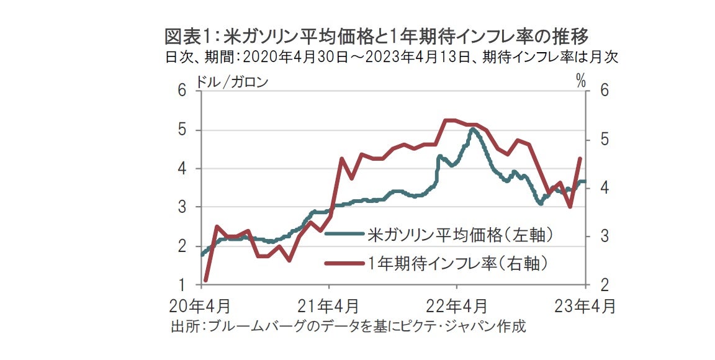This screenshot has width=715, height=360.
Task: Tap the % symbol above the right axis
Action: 581,81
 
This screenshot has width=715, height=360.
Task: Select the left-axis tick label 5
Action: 182,130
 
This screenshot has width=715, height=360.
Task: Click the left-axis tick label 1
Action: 182,285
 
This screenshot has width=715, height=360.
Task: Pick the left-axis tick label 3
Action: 182,207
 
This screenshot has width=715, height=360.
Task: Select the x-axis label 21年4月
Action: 330,306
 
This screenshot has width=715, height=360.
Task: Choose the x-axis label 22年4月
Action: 457,306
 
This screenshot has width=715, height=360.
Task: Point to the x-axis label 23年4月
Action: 585,306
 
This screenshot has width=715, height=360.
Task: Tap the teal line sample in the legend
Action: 344,235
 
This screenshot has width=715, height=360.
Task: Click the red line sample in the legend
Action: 344,263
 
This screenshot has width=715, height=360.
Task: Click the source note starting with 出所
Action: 348,326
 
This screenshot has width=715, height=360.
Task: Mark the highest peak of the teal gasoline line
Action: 472,128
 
